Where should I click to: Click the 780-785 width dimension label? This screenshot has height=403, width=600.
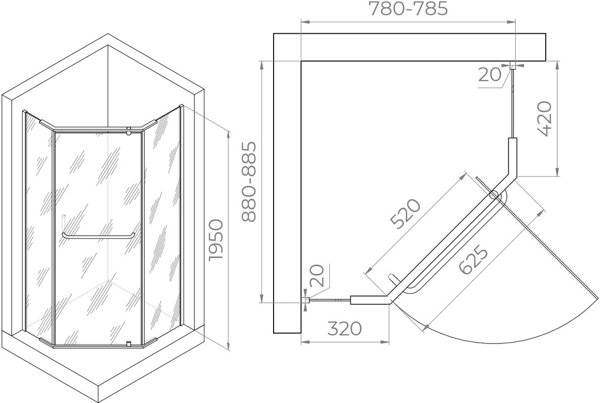coord(408,9)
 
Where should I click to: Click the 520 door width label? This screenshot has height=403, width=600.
coord(405,214)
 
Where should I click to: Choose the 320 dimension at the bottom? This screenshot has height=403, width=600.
coord(345,328)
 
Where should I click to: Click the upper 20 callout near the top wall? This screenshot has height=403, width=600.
coord(489,75)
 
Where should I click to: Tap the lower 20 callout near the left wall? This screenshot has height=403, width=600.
coord(317,276)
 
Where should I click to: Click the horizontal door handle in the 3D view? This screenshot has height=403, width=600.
coord(98,236)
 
